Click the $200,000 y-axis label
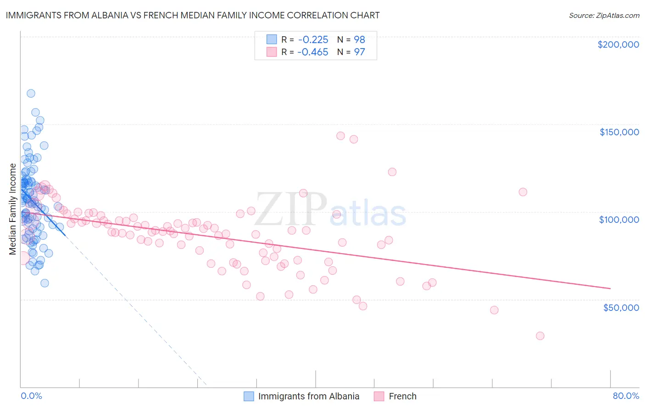tap(618, 44)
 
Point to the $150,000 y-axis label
tap(619, 132)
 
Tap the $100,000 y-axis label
tap(619, 220)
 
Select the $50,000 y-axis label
tap(621, 307)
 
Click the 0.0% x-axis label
tap(31, 396)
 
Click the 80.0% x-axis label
tap(626, 396)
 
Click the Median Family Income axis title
tap(13, 209)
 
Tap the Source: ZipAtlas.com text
tap(604, 15)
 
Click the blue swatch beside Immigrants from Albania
tap(249, 396)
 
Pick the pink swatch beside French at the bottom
tap(379, 396)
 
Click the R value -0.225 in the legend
tap(312, 39)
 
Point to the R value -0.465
tap(312, 52)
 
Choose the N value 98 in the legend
tap(359, 39)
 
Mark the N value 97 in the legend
tap(359, 52)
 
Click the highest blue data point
tap(31, 93)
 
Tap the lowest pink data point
tap(540, 336)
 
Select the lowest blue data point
tap(44, 283)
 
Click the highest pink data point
tap(340, 136)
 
